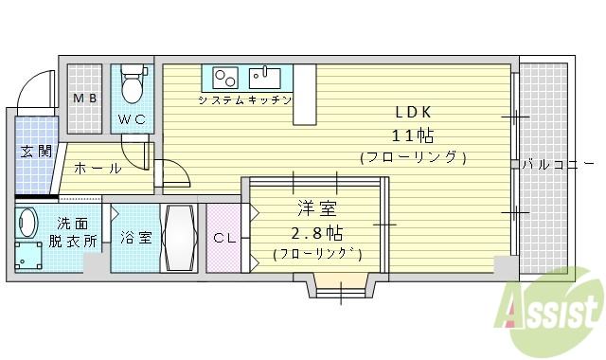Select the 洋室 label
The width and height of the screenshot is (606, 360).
coord(317,208)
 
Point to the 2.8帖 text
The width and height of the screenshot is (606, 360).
coord(317,232)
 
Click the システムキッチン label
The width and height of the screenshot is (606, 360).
coord(244,99)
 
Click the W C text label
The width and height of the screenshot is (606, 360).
coord(132,119)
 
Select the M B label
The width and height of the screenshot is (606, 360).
coord(85,98)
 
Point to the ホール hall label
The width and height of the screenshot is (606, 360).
coord(98,169)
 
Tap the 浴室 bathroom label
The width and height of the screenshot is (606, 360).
coord(135,238)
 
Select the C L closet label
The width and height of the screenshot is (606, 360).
coord(224,238)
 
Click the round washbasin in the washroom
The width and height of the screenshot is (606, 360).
coord(26,223)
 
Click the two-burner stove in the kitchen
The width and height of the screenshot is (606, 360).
coord(224,77)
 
